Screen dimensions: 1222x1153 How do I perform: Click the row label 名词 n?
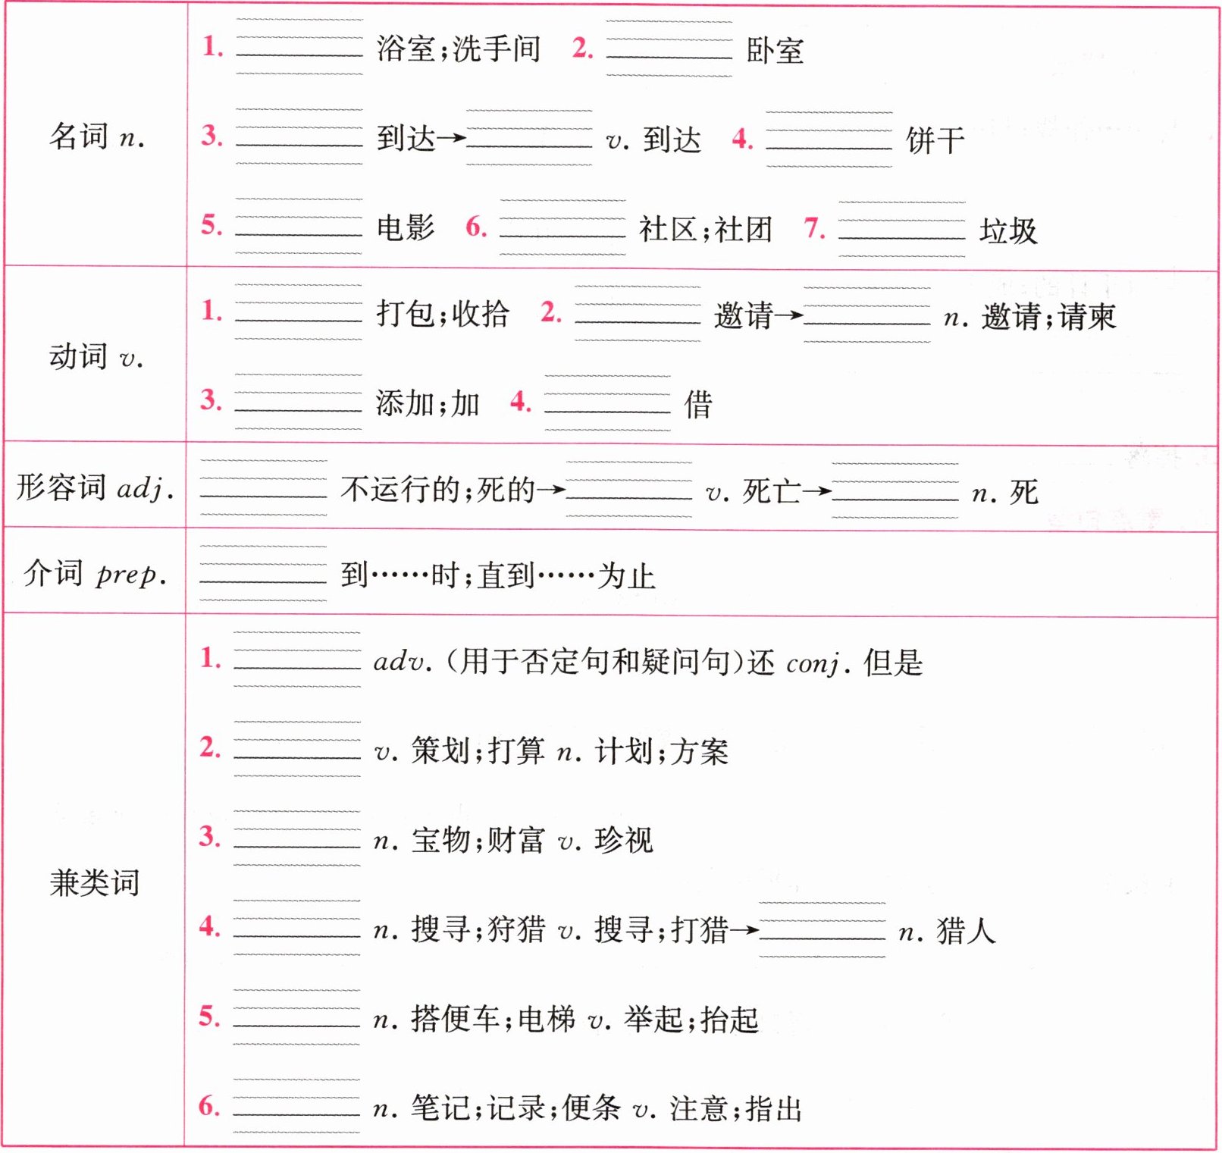tap(96, 137)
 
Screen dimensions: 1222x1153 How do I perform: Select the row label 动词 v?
tap(96, 356)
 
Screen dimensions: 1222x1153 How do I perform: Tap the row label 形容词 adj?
tap(96, 487)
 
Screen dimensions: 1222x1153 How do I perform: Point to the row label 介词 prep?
tap(96, 574)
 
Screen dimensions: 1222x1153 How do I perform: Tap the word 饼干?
tap(935, 140)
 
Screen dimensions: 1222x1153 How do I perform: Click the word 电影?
tap(406, 227)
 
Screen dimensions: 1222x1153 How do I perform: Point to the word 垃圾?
tap(1007, 230)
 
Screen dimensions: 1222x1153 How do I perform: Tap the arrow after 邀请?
tap(788, 315)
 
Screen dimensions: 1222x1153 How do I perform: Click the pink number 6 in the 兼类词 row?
tap(209, 1106)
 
